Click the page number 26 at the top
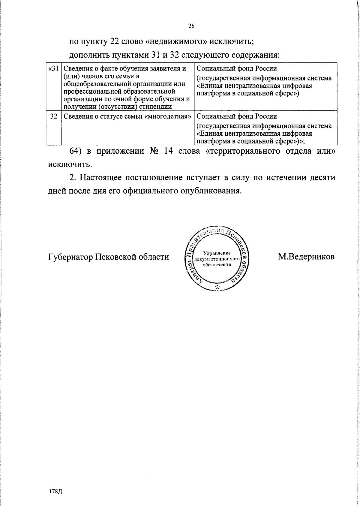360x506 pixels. (191, 26)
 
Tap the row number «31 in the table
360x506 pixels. (53, 68)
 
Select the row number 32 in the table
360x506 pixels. (54, 116)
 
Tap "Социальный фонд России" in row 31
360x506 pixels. (237, 68)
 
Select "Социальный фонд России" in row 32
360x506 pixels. (237, 116)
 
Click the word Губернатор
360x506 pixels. (70, 257)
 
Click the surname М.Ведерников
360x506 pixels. (306, 257)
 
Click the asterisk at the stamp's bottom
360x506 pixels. (218, 287)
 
